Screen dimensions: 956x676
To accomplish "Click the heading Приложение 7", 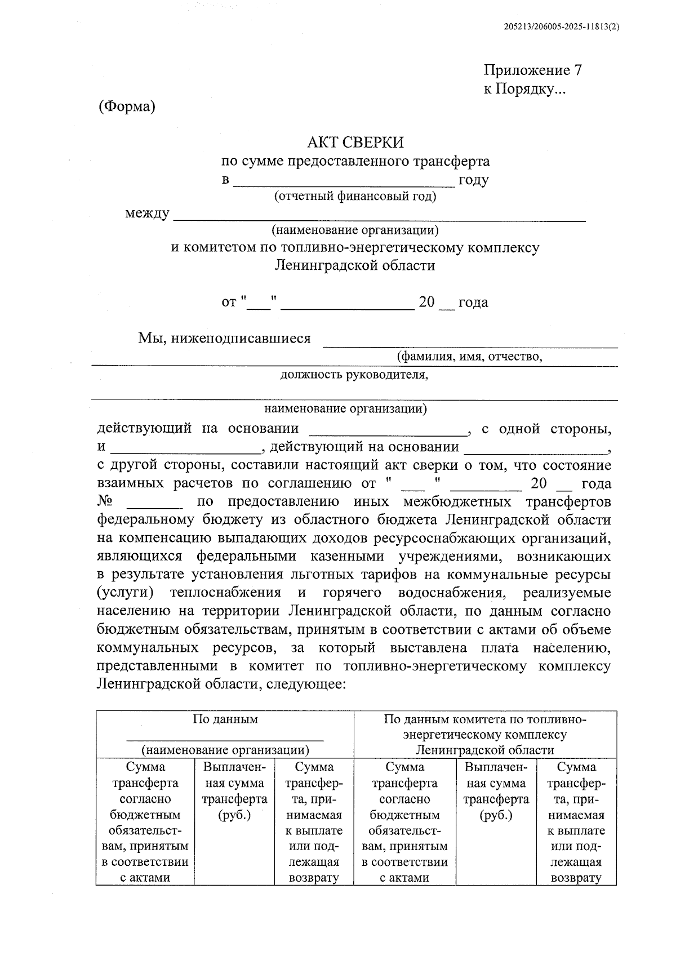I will tap(532, 70).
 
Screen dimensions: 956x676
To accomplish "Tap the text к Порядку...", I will tap(523, 89).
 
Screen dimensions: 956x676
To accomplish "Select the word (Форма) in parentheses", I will tap(126, 106).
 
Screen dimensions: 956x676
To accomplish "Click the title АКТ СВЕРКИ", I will tap(355, 142).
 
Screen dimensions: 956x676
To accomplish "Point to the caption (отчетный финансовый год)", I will tap(355, 196).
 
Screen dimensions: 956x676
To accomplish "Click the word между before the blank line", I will tap(147, 214).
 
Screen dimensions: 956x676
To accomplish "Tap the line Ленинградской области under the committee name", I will tap(355, 265).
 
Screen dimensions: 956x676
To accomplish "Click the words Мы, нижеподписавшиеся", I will tap(224, 338).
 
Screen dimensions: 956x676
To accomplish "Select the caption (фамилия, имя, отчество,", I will tap(469, 356).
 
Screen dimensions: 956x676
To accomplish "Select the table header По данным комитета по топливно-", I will tap(485, 719).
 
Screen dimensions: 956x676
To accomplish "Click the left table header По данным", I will tap(225, 719).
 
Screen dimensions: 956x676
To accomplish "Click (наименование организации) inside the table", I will tap(225, 750).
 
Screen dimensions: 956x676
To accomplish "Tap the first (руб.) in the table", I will tap(234, 815).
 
